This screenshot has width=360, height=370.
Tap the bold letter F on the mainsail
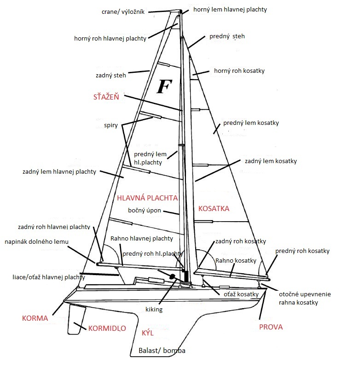coord(164,86)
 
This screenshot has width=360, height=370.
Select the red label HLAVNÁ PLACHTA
coord(147,198)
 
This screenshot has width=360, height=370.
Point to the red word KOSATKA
coord(214,209)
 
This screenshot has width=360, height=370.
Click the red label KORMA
coord(35,318)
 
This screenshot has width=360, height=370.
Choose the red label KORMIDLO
coord(106,328)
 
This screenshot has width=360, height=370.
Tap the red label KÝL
coord(147,333)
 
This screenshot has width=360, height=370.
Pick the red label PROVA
coord(271,327)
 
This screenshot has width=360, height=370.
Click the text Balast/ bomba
coord(162,351)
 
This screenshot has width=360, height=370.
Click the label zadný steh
coord(111,74)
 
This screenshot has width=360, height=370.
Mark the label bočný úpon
coord(145,211)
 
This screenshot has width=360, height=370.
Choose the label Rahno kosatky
coord(236,261)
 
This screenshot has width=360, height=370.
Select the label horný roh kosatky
coord(239,71)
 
